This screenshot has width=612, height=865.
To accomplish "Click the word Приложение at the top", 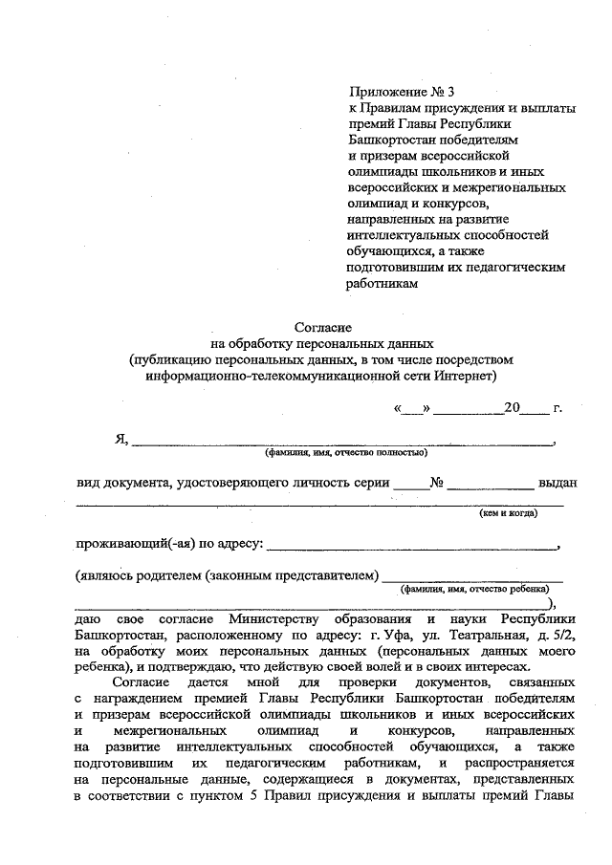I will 385,93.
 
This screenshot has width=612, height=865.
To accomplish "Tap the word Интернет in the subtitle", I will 459,375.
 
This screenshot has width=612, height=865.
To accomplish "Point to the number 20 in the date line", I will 512,408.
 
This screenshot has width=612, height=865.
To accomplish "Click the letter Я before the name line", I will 120,439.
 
